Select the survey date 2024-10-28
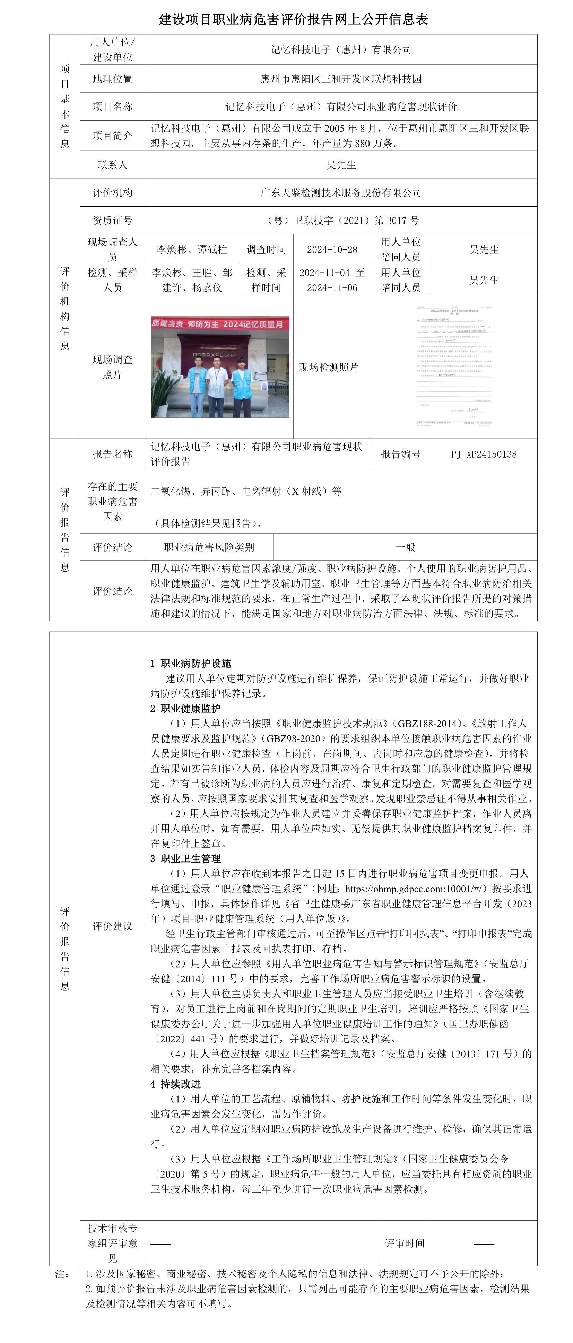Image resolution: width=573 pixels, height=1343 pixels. [332, 249]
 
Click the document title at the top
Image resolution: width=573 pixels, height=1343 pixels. [294, 19]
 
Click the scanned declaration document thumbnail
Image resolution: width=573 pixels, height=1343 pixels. [454, 366]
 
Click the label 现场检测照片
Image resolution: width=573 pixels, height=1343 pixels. [329, 367]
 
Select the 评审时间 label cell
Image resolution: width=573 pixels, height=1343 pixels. [404, 1243]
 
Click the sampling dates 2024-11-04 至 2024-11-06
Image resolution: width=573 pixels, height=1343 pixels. [332, 280]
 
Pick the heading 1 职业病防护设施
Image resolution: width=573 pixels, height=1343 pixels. [190, 663]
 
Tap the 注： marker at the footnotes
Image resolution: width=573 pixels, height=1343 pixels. [62, 1274]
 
